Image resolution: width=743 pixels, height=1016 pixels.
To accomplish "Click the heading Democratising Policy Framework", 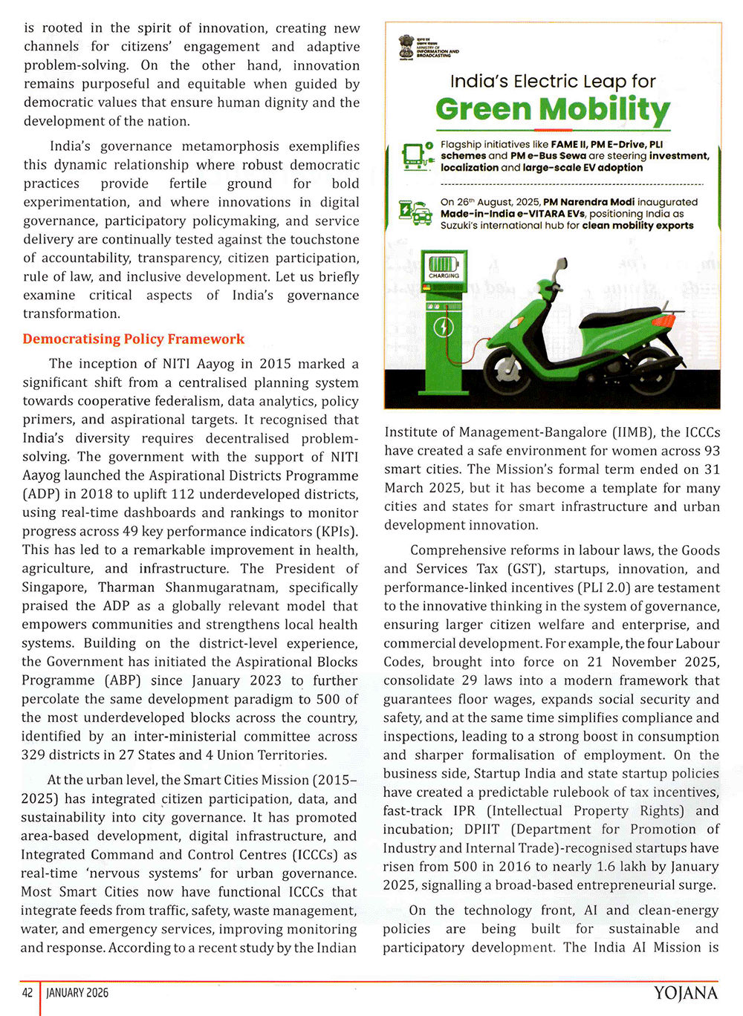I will pyautogui.click(x=134, y=339).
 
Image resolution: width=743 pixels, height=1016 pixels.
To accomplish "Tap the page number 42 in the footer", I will pyautogui.click(x=27, y=993).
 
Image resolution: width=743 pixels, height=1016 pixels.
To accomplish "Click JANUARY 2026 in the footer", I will pyautogui.click(x=77, y=993).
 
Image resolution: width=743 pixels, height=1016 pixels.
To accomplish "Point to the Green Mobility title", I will pyautogui.click(x=553, y=110).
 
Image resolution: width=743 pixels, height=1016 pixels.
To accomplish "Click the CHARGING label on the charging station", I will pyautogui.click(x=444, y=276).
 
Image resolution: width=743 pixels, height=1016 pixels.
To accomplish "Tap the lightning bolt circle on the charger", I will pyautogui.click(x=444, y=327).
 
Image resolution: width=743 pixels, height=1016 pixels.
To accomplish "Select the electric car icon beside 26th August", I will pyautogui.click(x=415, y=212).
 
